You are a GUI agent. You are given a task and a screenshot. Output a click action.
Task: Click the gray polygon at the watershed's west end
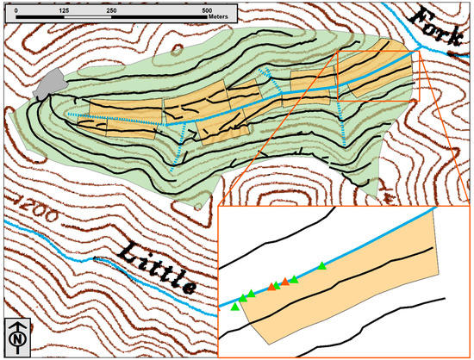(51, 84)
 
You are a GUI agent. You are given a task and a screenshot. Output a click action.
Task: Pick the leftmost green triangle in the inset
(235, 306)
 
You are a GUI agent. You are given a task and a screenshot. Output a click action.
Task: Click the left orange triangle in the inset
(271, 287)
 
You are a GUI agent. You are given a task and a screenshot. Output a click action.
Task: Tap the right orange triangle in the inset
(285, 282)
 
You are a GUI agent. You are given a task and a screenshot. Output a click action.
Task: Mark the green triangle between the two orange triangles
(278, 284)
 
